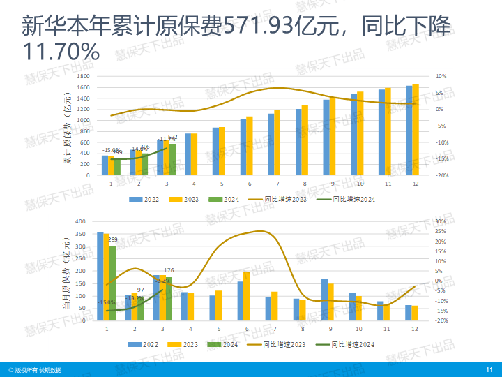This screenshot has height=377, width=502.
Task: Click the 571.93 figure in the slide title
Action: (255, 28)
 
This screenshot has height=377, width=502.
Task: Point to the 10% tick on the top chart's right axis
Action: (440, 76)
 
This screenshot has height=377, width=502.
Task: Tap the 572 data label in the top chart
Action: (173, 137)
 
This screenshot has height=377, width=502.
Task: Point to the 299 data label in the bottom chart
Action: (113, 239)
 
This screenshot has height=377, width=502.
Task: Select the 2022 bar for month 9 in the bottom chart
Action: (324, 300)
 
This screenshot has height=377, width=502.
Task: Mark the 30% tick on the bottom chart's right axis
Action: (440, 221)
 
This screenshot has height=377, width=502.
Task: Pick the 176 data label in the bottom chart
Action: (169, 270)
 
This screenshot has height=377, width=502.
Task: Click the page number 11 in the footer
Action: (489, 369)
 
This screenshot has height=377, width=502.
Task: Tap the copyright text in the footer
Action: (35, 369)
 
